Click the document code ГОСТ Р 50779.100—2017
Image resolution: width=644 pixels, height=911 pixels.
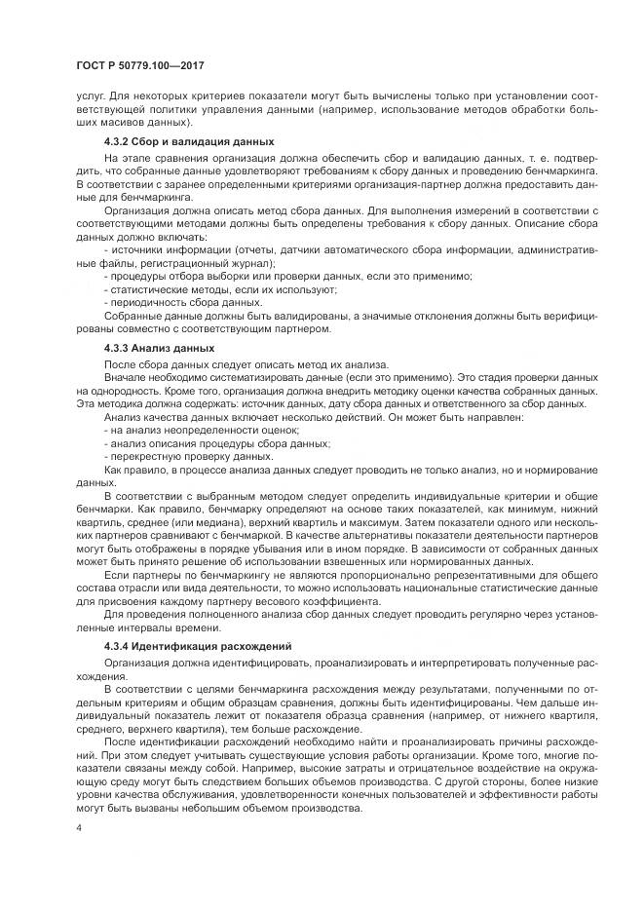[x=140, y=65]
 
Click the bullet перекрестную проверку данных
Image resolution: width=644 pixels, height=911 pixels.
[x=189, y=455]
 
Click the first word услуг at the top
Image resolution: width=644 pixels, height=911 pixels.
[x=90, y=96]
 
